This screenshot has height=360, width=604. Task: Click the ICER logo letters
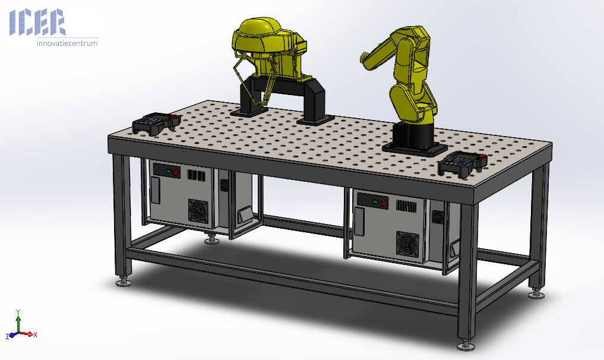[x=37, y=23]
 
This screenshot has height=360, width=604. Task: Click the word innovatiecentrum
[x=68, y=43]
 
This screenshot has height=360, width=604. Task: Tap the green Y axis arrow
[x=18, y=321]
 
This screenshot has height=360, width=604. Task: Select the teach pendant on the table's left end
[x=156, y=123]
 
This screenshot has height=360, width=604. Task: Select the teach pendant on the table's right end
[x=462, y=163]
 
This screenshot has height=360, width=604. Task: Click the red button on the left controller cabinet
[x=176, y=172]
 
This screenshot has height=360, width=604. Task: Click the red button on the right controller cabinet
[x=383, y=203]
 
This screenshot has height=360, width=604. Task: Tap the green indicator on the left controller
[x=168, y=171]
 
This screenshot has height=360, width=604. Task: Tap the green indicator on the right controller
[x=374, y=201]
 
